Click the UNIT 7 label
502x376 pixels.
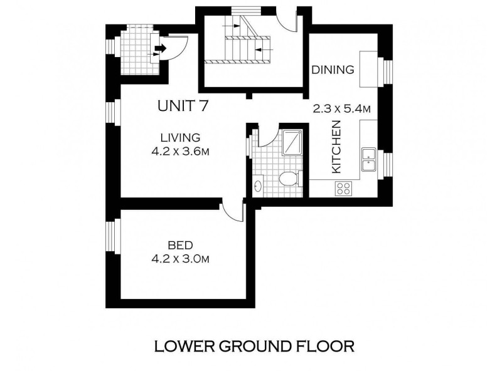point(183,106)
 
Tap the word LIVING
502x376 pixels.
point(180,137)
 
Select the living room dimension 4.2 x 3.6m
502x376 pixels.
point(180,151)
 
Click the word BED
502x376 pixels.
point(180,245)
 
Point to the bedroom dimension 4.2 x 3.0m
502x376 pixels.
point(180,259)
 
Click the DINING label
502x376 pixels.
point(333,70)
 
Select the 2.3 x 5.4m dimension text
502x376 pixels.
point(341,109)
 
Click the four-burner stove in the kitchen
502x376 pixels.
point(343,188)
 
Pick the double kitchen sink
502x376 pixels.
point(369,160)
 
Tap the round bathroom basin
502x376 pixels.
point(258,185)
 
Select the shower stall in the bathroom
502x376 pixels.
point(292,143)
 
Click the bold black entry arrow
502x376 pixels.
point(161,48)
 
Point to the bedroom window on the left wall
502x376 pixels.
point(110,236)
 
